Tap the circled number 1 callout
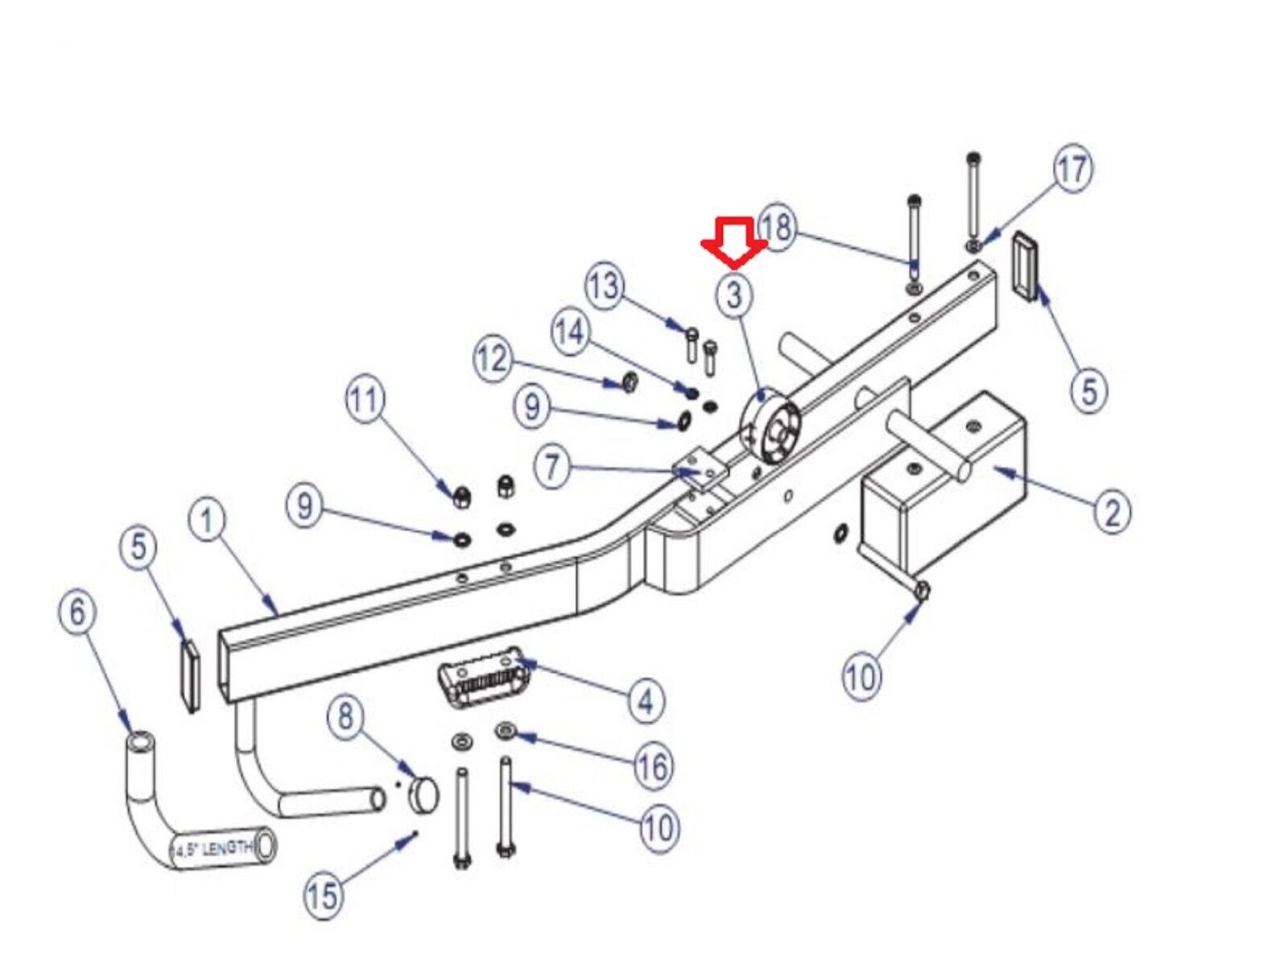click(x=208, y=520)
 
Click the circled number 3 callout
click(x=733, y=295)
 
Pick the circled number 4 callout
click(x=646, y=701)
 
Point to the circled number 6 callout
click(x=77, y=612)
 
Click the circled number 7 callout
click(x=551, y=466)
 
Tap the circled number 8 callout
click(x=345, y=715)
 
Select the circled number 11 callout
click(x=365, y=398)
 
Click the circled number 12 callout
click(x=493, y=358)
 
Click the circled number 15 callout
click(x=323, y=894)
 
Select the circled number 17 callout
click(x=1073, y=169)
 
